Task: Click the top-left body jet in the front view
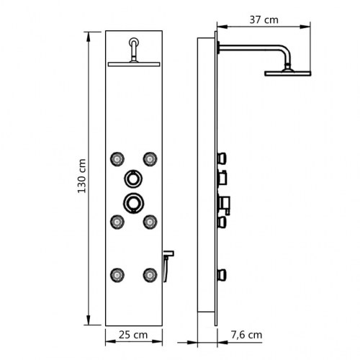(x=115, y=158)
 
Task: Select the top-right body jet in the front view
(x=150, y=158)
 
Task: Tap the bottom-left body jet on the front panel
(x=115, y=274)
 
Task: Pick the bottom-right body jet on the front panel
(x=150, y=274)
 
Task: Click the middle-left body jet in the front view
(x=115, y=221)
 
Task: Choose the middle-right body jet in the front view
(x=150, y=221)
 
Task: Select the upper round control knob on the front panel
(x=132, y=179)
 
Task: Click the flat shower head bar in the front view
(x=132, y=64)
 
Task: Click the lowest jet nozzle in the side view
(x=224, y=273)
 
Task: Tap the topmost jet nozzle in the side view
(x=224, y=156)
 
